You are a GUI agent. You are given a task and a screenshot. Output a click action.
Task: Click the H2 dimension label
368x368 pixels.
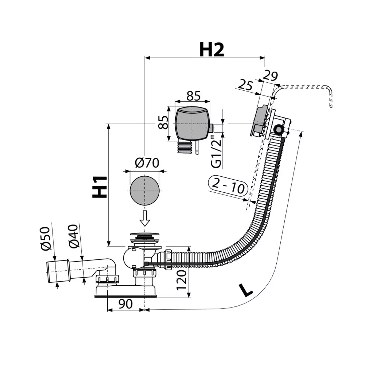pos(211,50)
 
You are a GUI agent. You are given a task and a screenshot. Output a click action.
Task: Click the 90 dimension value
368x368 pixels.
pos(125,303)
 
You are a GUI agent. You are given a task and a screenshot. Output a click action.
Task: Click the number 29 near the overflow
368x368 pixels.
pos(270,76)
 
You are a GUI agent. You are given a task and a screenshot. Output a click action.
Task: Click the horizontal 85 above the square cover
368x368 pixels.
pos(193,96)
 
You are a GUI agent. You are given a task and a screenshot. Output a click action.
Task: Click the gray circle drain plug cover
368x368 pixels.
pos(145,190)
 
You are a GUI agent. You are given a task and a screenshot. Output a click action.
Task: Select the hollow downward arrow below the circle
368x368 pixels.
pos(145,218)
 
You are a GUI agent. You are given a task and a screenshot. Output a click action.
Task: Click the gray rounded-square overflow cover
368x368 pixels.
pos(192,123)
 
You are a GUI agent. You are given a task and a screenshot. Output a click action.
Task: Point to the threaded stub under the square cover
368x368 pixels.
pos(185,147)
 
